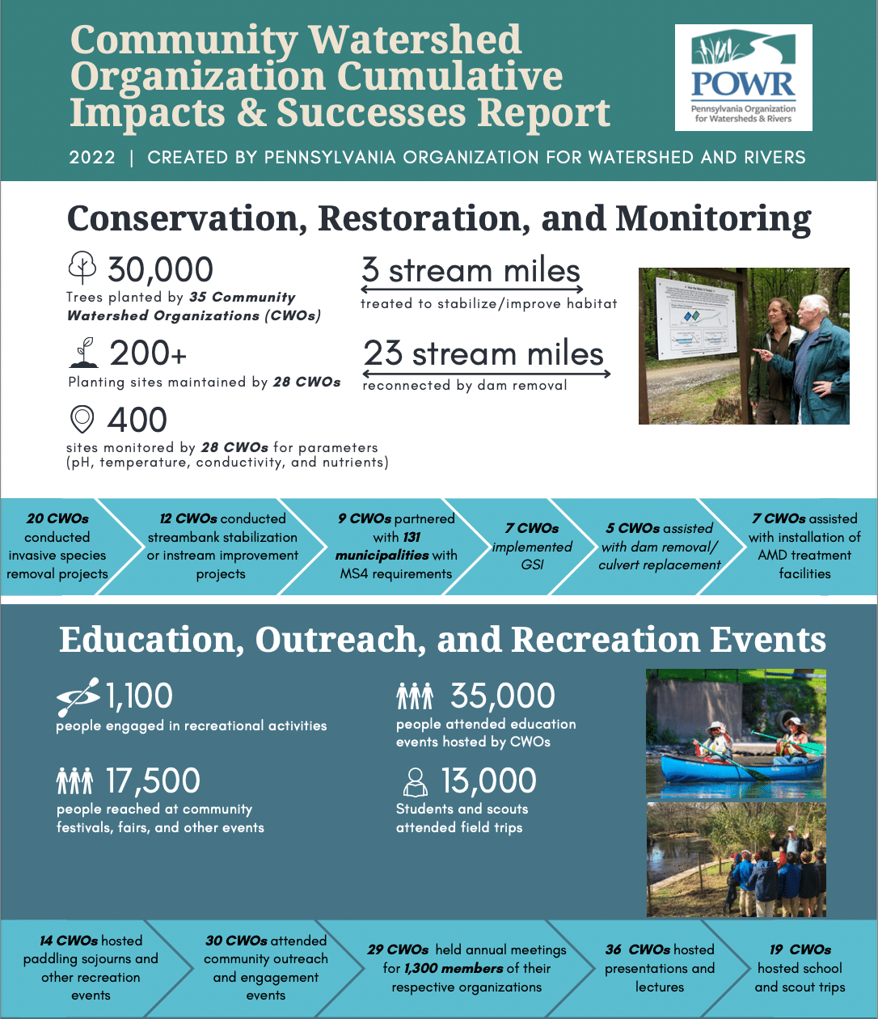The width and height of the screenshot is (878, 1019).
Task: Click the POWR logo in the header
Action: click(743, 78)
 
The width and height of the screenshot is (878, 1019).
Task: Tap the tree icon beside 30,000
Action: click(82, 267)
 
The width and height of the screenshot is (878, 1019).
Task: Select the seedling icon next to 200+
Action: click(83, 353)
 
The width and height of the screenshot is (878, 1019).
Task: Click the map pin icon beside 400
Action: click(82, 420)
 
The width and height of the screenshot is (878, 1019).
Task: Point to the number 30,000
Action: click(160, 269)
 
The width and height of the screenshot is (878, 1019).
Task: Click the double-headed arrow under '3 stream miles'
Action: click(472, 289)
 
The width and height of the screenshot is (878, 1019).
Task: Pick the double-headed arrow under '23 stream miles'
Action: click(487, 374)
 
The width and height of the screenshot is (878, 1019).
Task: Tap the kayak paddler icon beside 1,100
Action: click(78, 696)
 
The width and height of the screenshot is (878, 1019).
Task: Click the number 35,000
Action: click(502, 696)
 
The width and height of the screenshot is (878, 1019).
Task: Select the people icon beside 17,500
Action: click(74, 781)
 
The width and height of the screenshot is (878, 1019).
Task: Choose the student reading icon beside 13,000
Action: click(416, 782)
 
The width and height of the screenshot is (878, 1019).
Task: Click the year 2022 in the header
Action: click(92, 157)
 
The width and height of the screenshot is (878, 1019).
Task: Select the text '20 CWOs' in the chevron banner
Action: click(57, 518)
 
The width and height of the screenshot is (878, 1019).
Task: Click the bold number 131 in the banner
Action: click(412, 537)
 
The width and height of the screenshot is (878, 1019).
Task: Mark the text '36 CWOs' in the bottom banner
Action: click(638, 949)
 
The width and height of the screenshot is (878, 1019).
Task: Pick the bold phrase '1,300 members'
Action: click(454, 968)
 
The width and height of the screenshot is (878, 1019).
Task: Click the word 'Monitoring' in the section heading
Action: click(712, 218)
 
